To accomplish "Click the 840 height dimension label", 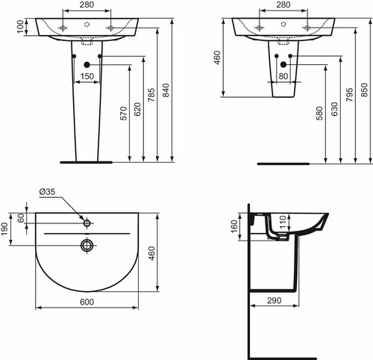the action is click(x=166, y=90).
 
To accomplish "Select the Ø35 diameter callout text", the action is click(x=47, y=192).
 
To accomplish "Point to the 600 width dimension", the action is click(x=87, y=302).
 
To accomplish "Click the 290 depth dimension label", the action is click(x=275, y=300).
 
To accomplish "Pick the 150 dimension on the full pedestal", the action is click(x=87, y=76).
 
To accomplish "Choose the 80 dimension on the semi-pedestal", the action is click(x=283, y=76).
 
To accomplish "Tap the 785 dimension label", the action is click(x=151, y=95).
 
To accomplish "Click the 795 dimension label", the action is click(x=349, y=94).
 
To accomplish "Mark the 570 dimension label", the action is click(x=124, y=114).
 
